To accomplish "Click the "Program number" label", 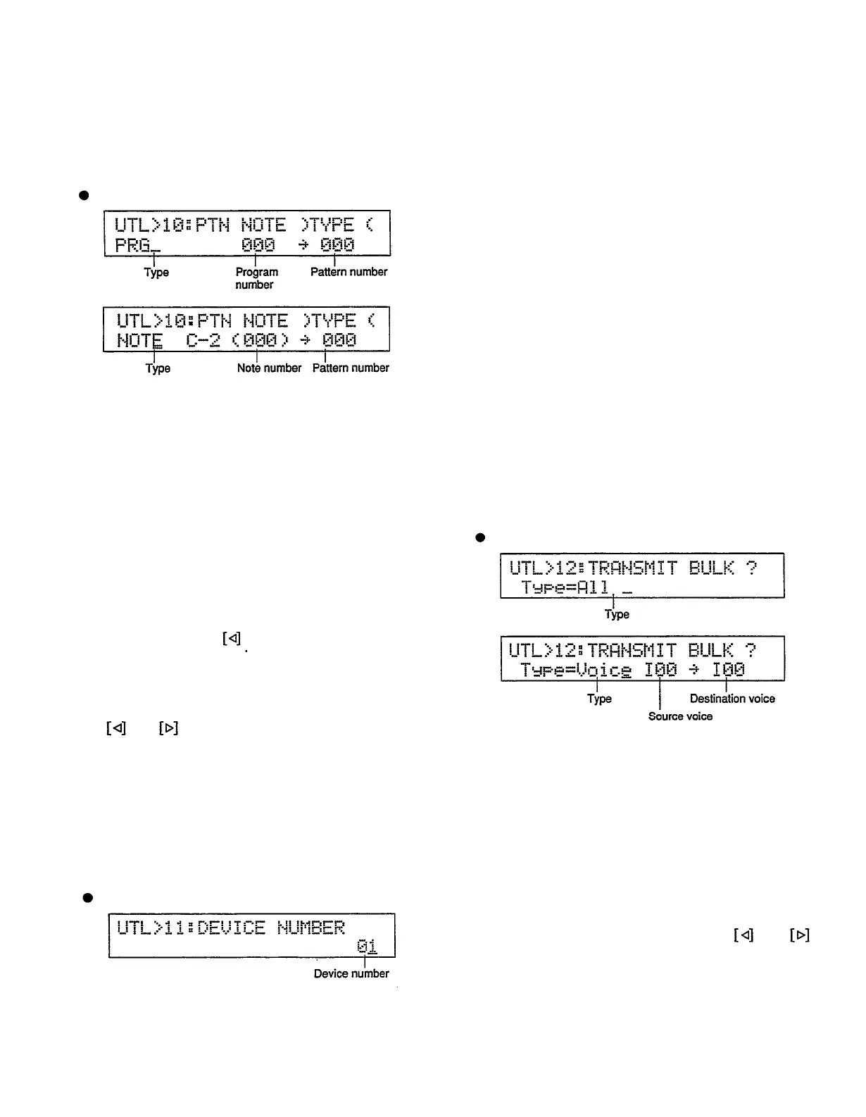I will click(256, 278).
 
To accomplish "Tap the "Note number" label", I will click(269, 368).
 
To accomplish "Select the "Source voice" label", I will click(680, 716).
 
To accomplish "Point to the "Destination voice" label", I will click(732, 699).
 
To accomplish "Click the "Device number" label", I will click(351, 973).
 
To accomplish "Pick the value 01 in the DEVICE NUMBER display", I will click(366, 946).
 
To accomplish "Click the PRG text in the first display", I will click(133, 244).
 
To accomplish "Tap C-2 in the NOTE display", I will click(203, 340).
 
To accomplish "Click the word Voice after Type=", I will click(603, 670).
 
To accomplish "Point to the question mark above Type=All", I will click(751, 568).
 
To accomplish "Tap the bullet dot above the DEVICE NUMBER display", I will click(88, 897).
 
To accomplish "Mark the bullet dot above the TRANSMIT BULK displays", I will click(480, 537).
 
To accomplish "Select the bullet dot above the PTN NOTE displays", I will click(83, 195).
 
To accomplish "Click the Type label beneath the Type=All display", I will click(617, 614).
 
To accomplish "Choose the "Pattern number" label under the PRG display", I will click(349, 272).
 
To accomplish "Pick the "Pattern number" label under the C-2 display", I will click(351, 368).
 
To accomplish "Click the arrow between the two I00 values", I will click(694, 670).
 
